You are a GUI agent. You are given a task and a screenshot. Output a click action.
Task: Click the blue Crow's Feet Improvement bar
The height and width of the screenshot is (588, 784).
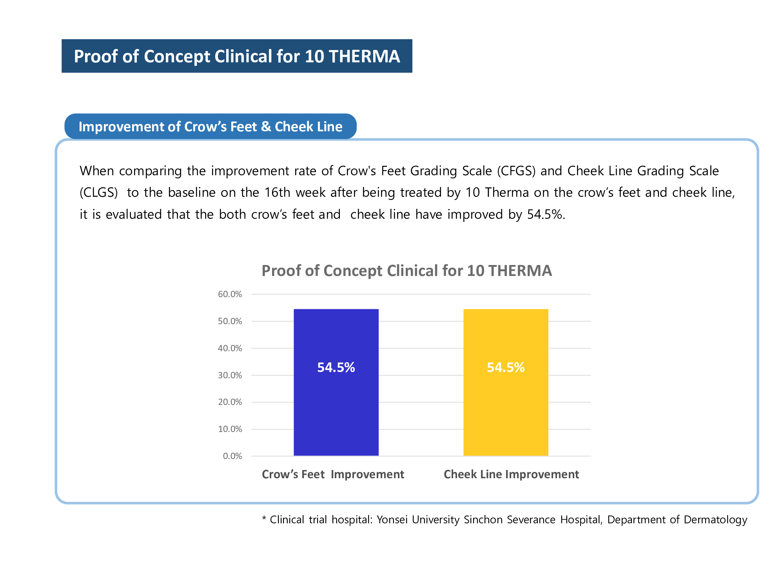point(336,412)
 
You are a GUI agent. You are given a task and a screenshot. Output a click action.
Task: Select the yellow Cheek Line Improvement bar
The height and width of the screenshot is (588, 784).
point(506,412)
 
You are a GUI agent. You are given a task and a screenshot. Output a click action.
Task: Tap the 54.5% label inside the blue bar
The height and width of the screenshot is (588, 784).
point(336,367)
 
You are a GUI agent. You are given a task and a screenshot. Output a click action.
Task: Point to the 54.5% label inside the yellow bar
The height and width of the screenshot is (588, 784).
point(506,367)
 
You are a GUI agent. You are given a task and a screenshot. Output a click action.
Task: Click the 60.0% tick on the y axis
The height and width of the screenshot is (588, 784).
point(230,294)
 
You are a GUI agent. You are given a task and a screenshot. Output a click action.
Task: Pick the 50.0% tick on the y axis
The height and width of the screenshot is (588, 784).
point(230,321)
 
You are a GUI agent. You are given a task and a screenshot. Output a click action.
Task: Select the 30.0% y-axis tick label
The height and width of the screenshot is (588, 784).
point(230,375)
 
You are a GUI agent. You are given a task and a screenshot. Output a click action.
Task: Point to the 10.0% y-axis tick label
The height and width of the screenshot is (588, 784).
point(230,429)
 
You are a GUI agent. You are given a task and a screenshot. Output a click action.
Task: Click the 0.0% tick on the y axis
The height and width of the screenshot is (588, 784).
point(232,456)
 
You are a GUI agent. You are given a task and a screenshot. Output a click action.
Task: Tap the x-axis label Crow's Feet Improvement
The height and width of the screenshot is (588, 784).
point(333,474)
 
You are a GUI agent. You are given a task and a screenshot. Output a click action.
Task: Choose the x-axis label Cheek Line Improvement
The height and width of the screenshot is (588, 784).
point(511,474)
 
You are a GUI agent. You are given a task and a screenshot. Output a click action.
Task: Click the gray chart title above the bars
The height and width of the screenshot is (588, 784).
point(407,271)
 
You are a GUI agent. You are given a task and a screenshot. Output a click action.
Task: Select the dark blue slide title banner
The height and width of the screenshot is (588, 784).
point(237,56)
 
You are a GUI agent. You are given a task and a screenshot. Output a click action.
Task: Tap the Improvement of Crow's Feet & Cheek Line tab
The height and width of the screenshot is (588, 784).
point(211,127)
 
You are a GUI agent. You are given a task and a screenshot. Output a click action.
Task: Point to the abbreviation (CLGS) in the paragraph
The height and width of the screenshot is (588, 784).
point(99,192)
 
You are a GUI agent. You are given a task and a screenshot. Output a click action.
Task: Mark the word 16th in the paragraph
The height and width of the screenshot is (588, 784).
point(278,192)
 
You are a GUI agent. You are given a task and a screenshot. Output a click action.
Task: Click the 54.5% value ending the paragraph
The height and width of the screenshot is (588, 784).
point(546,214)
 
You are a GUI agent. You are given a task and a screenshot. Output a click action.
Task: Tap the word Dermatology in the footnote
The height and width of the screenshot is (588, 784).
point(715,519)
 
